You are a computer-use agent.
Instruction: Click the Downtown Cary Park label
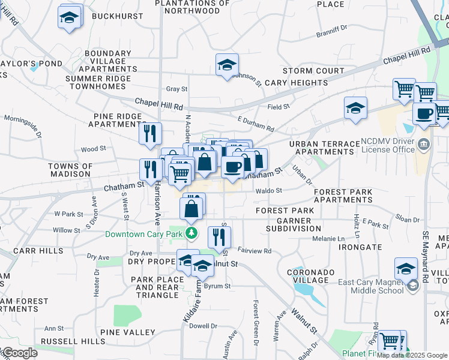pos(144,234)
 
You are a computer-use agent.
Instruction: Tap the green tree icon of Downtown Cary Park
pos(191,233)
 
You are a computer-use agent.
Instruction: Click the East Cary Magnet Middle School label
pos(370,287)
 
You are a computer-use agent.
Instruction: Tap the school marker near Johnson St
pos(228,65)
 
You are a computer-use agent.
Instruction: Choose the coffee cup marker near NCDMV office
pos(424,113)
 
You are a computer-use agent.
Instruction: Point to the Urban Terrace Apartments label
pos(321,148)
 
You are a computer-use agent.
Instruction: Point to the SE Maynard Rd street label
pos(426,257)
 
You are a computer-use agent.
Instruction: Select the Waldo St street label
pos(269,191)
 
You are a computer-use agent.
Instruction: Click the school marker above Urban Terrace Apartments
pos(356,108)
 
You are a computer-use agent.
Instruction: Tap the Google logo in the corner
pos(19,353)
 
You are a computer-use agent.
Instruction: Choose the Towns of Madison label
pos(71,170)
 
